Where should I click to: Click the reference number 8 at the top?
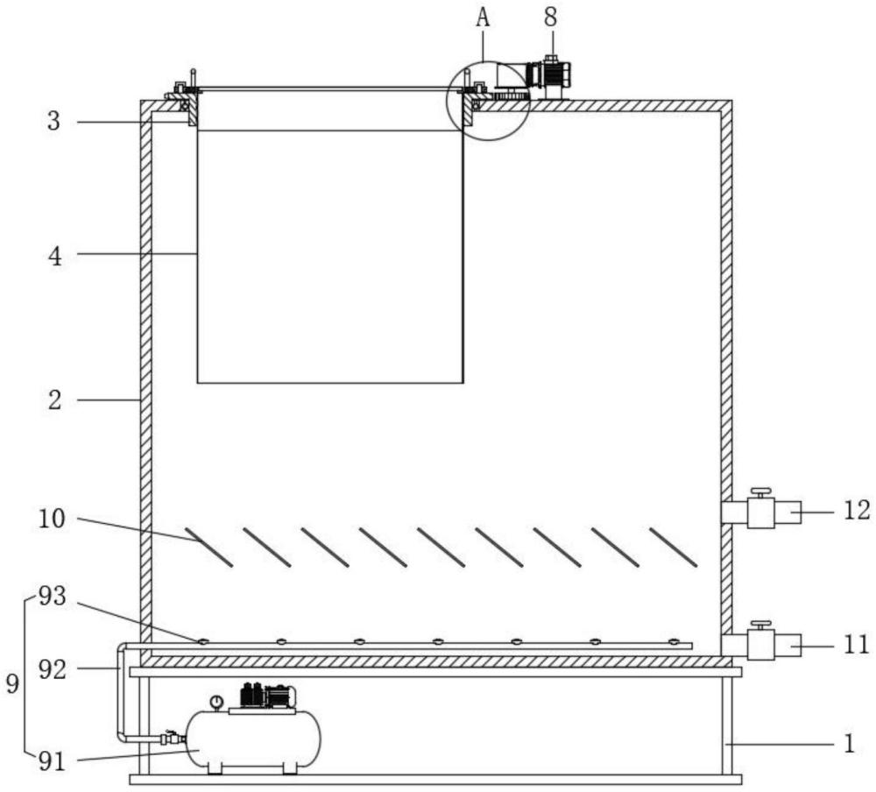551,18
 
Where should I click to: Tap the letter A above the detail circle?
483,18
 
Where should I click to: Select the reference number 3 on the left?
53,121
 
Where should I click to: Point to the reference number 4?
54,257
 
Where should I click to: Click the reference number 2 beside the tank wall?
54,400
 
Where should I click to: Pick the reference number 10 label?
52,520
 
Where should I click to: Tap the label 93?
53,597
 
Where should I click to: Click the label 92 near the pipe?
53,669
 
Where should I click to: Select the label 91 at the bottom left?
53,761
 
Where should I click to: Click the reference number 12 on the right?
857,510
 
